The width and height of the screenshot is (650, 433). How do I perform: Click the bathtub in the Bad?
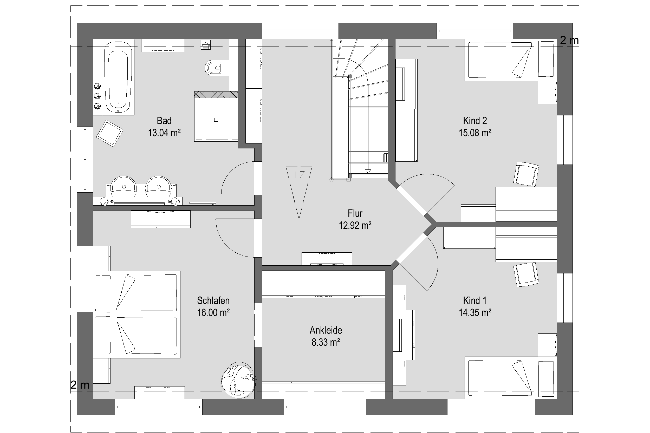(118, 77)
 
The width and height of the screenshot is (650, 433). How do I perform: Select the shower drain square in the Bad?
(216, 120)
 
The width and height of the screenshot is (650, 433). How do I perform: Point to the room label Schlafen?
(213, 300)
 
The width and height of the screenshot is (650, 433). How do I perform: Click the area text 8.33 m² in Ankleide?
(326, 343)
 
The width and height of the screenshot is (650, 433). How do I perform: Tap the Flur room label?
(355, 213)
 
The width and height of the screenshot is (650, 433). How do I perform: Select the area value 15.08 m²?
(475, 133)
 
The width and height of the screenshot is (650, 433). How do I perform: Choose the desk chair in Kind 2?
(526, 174)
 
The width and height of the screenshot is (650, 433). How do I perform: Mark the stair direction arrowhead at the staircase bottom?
(368, 171)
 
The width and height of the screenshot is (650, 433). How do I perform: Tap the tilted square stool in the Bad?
(110, 133)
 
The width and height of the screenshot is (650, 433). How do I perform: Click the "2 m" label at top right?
(569, 41)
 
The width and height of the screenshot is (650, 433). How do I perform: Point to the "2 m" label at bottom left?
(80, 385)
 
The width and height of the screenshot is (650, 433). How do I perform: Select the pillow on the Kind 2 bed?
(547, 59)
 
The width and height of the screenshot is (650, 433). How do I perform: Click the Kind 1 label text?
(475, 300)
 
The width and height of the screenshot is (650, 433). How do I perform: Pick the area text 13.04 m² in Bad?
(164, 133)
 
